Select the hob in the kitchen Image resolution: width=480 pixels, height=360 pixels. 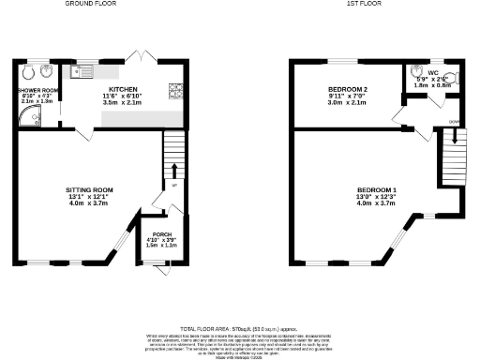pyautogui.click(x=174, y=90)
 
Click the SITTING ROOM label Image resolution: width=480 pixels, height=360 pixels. pyautogui.click(x=89, y=189)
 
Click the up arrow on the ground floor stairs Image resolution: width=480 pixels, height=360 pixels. pyautogui.click(x=172, y=172)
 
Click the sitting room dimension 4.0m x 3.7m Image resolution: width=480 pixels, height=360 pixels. pyautogui.click(x=89, y=203)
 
